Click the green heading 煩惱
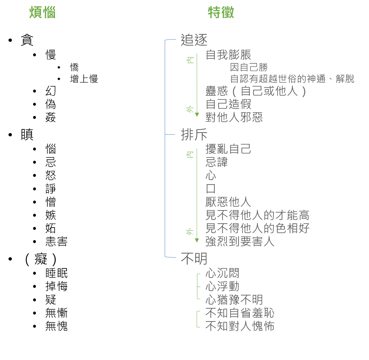(43, 12)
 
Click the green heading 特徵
(221, 12)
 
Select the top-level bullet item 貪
(27, 40)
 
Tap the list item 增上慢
(84, 79)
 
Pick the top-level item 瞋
(27, 135)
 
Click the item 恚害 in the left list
(56, 242)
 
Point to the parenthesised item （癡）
(41, 259)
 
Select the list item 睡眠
(56, 273)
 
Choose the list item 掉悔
(56, 286)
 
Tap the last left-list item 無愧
(56, 326)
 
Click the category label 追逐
(194, 40)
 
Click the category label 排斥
(194, 135)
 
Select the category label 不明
(194, 259)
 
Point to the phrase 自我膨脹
(228, 55)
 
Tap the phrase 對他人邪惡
(234, 117)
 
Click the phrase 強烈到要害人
(240, 241)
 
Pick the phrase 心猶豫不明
(234, 300)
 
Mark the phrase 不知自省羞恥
(240, 313)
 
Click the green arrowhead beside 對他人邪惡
(197, 115)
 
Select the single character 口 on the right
(211, 189)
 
